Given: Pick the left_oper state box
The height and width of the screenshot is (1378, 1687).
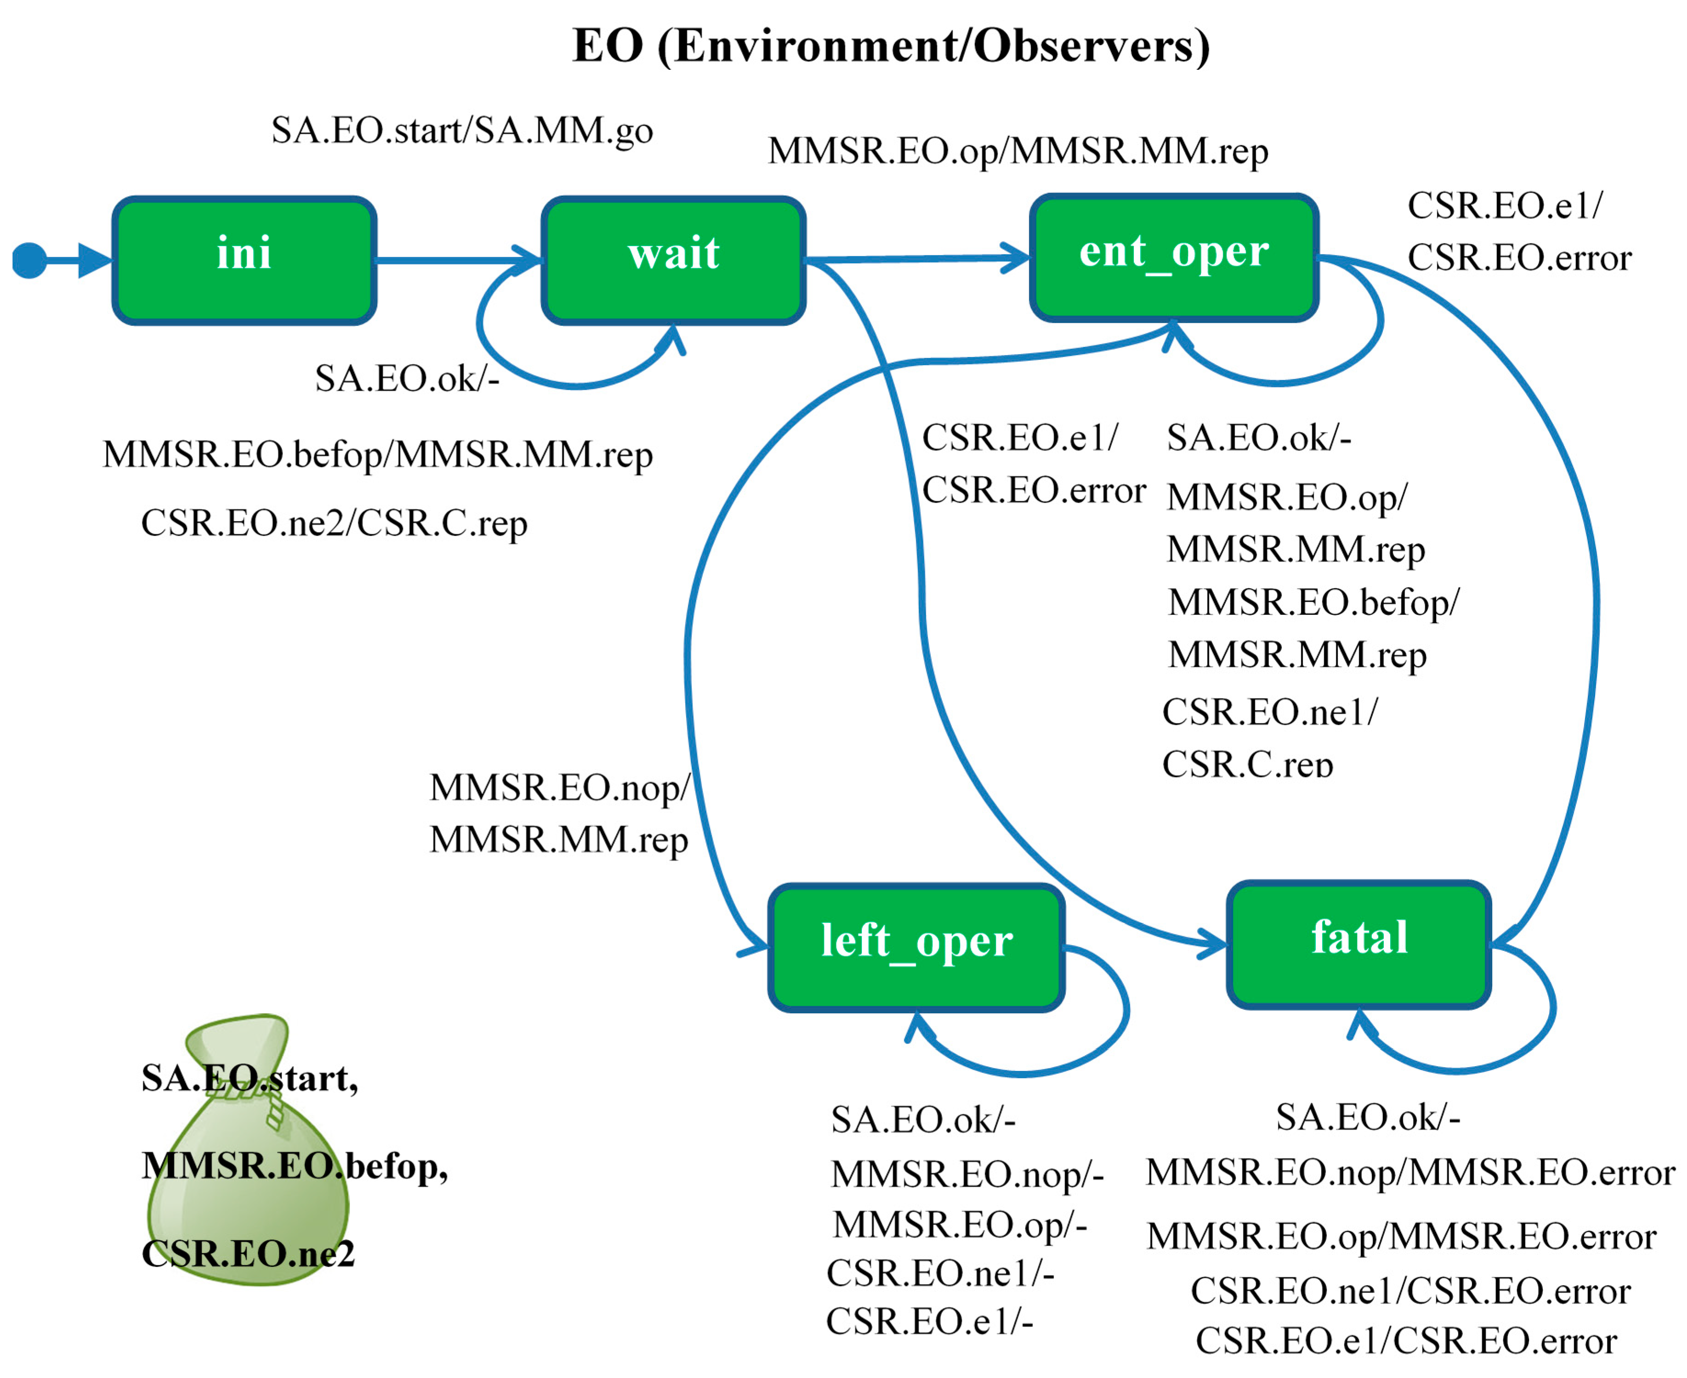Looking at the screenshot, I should (x=917, y=947).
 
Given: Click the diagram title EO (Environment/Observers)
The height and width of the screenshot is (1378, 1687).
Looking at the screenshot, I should (x=891, y=45).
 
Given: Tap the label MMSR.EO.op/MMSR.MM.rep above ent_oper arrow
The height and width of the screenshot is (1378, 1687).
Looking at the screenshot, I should (x=1018, y=151).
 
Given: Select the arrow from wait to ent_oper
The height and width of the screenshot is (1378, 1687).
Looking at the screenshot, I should (x=913, y=259).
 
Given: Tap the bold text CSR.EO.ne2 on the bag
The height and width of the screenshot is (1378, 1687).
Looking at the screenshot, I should (x=248, y=1254).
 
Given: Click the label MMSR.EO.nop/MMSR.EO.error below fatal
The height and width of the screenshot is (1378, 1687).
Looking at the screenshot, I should (x=1410, y=1172).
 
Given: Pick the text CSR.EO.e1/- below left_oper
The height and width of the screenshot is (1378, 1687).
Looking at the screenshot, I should (x=929, y=1322).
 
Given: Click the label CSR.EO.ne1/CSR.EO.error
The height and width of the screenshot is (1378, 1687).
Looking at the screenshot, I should (x=1410, y=1291).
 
